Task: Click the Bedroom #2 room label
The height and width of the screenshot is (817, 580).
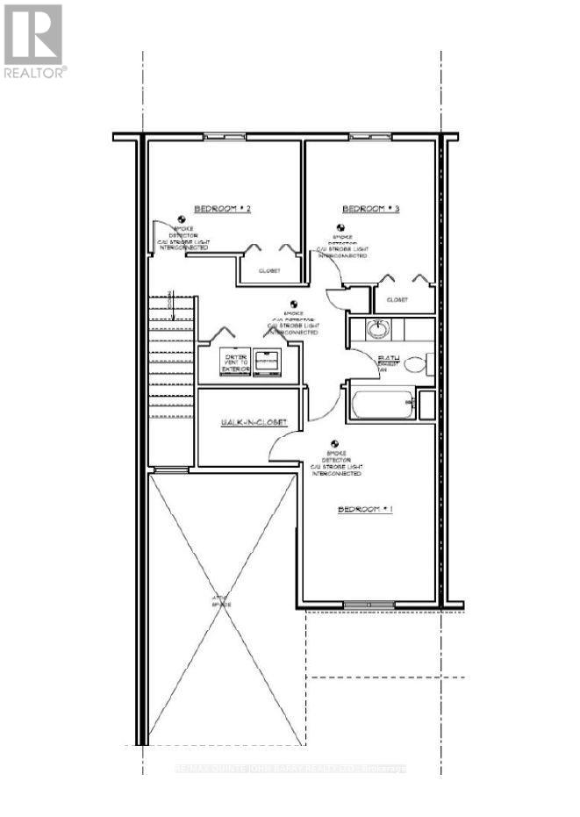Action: click(223, 209)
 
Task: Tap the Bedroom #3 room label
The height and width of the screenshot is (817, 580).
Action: click(370, 209)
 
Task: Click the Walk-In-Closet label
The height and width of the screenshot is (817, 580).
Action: click(253, 423)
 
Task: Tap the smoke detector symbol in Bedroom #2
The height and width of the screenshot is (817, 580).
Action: click(181, 220)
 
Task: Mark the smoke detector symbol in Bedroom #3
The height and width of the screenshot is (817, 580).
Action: click(338, 228)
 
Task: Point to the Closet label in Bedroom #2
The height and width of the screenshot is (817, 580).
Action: click(269, 271)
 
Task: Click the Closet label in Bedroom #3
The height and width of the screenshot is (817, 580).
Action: click(397, 300)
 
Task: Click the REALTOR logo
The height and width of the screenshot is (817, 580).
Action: click(33, 40)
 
